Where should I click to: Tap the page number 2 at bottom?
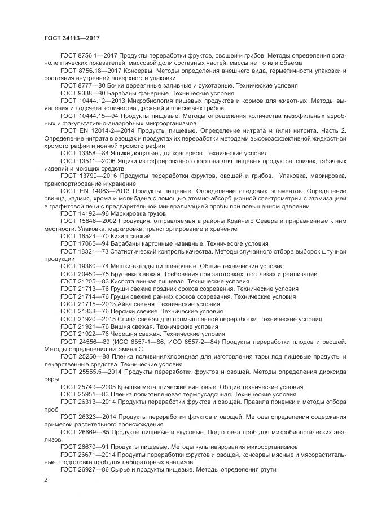pos(45,479)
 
